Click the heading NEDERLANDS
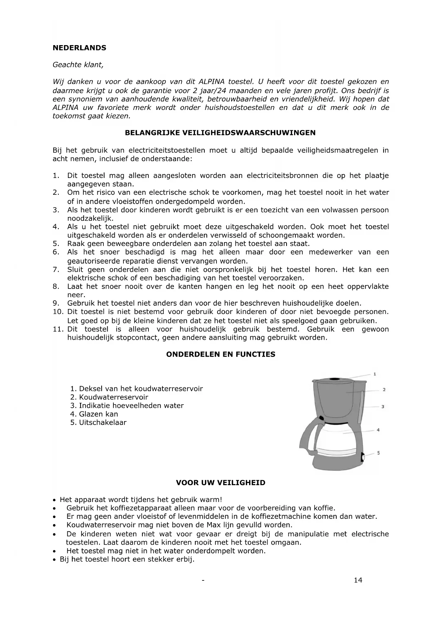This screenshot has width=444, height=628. [79, 48]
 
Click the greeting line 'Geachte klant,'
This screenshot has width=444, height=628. [78, 65]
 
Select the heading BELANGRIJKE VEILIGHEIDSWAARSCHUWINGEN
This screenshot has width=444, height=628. [220, 133]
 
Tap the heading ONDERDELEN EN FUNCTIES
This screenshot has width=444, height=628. [221, 354]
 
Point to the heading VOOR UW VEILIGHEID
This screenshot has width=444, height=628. [220, 483]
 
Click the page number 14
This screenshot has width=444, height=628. [358, 580]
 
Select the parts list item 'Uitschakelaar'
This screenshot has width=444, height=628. [103, 422]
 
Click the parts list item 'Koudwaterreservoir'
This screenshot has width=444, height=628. [113, 397]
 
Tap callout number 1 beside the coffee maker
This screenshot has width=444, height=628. [375, 374]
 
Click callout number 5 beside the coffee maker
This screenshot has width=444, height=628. [379, 453]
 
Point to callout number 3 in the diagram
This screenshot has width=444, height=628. [383, 407]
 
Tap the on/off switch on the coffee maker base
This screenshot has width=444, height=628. [363, 457]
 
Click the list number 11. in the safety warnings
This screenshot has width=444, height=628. [58, 329]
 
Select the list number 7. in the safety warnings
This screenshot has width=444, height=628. [56, 270]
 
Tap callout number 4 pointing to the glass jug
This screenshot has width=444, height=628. [378, 430]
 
